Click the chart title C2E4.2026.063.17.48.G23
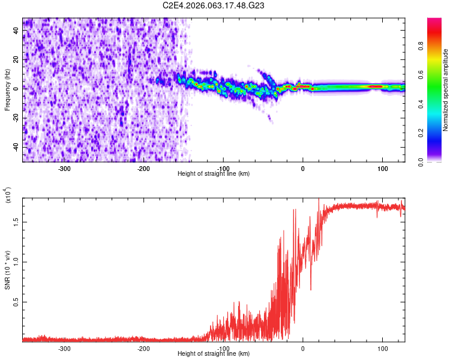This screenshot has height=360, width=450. tap(214, 5)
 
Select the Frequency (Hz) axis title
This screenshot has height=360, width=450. tap(7, 89)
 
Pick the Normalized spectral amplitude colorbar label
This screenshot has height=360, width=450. tap(445, 90)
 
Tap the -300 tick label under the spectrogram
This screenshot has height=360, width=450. tap(64, 168)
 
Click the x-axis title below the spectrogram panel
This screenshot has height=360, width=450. tap(214, 173)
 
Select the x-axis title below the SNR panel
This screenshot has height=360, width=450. tap(214, 354)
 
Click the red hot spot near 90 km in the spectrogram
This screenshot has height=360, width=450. tap(376, 86)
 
